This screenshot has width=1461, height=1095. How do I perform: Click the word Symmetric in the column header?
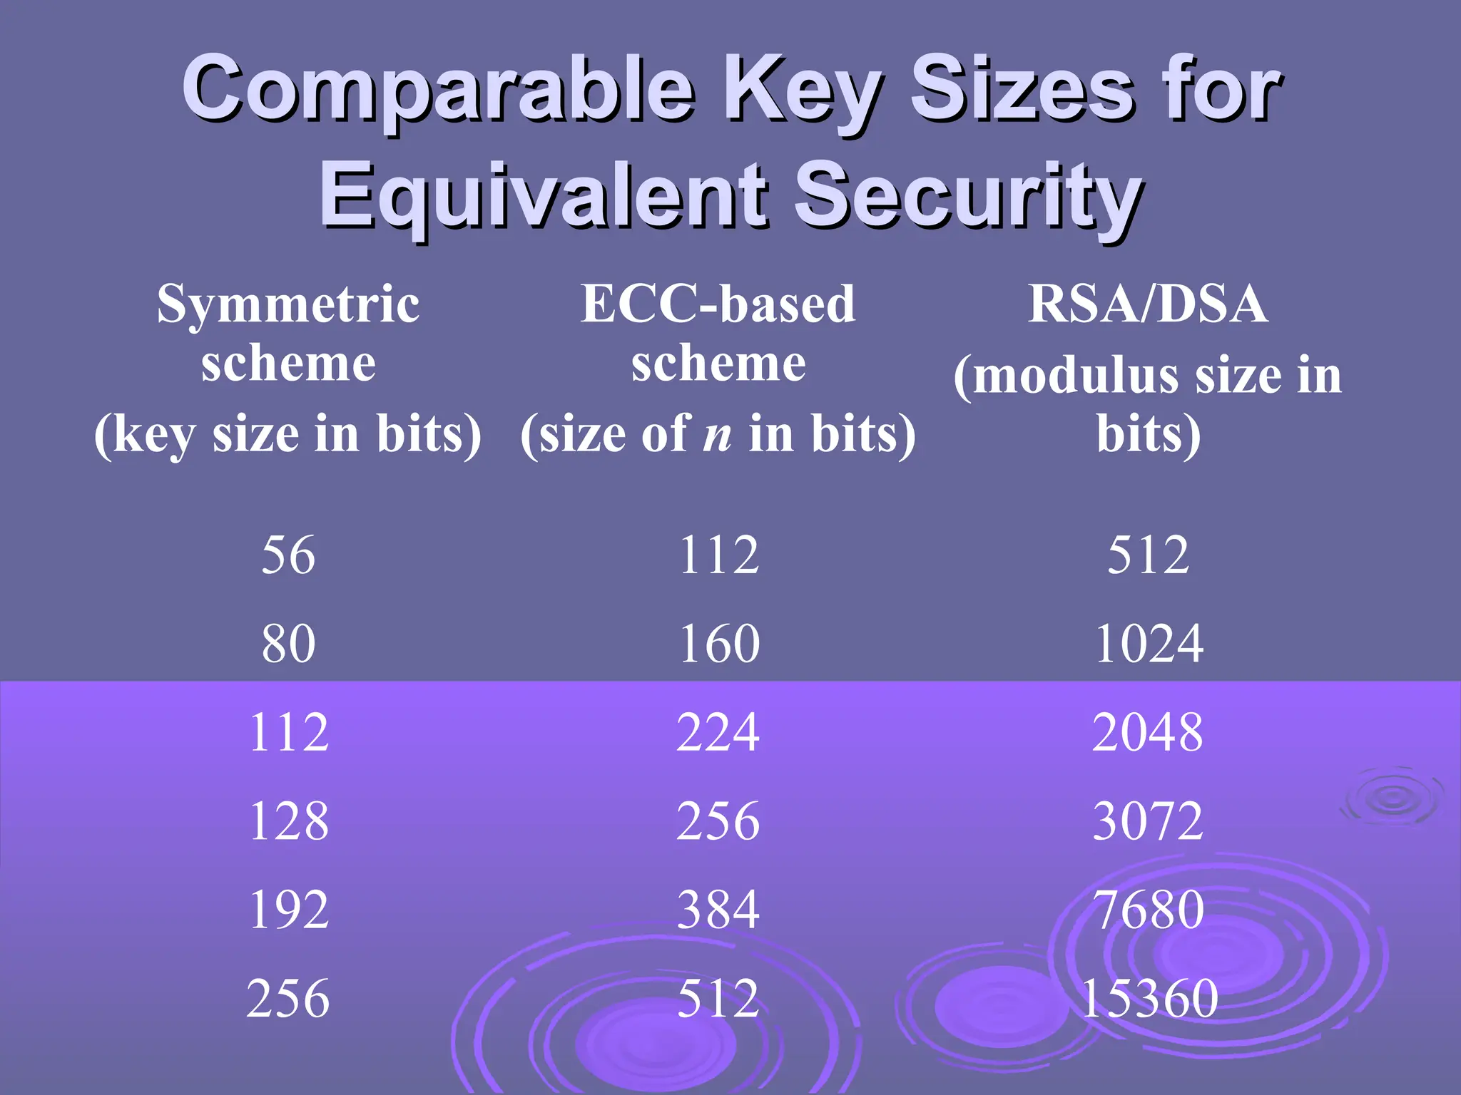click(x=288, y=304)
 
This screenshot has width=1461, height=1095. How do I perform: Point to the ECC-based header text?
click(x=718, y=304)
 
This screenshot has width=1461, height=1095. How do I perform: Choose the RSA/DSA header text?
click(x=1148, y=304)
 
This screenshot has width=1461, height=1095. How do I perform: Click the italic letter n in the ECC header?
click(x=718, y=435)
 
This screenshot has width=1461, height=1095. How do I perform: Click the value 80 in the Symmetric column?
click(x=288, y=643)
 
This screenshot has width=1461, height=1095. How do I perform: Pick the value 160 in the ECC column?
click(x=719, y=643)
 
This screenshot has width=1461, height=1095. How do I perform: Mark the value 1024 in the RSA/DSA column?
click(x=1149, y=643)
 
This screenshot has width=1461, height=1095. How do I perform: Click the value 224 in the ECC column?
click(x=718, y=732)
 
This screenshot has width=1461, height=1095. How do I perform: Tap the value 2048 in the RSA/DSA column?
click(x=1148, y=732)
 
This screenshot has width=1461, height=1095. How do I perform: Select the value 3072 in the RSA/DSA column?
click(x=1148, y=821)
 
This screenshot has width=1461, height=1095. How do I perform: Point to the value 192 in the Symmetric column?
click(x=289, y=910)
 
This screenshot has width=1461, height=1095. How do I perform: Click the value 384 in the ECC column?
click(x=718, y=910)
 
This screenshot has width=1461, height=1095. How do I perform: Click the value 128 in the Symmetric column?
click(x=289, y=821)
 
